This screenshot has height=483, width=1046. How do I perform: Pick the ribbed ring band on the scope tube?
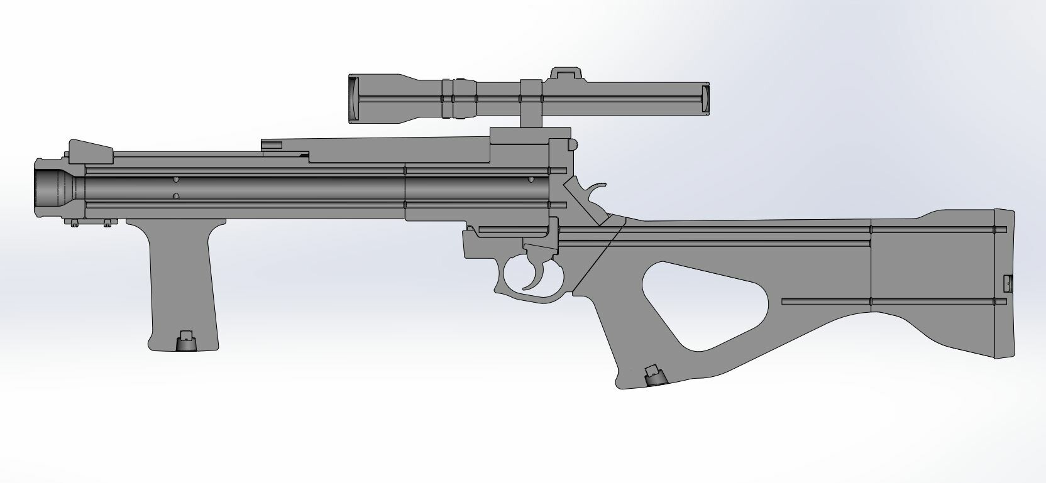458,99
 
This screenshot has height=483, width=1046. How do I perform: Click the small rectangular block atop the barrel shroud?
272,145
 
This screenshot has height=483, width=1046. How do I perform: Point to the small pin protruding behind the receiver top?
573,144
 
